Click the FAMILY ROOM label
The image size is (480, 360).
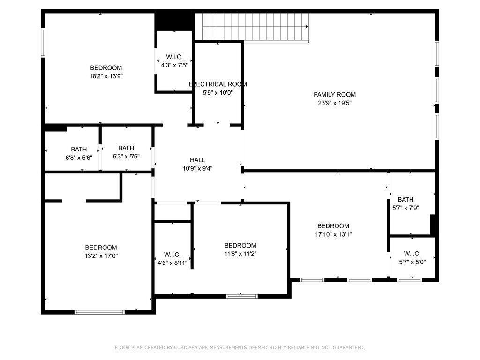(x=334, y=95)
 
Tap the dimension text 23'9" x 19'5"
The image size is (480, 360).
(x=334, y=103)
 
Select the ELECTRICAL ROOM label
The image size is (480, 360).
(x=217, y=84)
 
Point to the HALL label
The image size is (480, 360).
(x=197, y=160)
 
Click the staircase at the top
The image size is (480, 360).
(x=252, y=27)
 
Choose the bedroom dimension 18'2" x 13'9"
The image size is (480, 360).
(x=106, y=76)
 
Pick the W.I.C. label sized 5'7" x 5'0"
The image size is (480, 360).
(x=412, y=254)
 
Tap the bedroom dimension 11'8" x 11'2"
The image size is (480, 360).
(x=240, y=254)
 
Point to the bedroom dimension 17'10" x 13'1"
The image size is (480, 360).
(x=333, y=234)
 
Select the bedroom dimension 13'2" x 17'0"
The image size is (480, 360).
(x=101, y=256)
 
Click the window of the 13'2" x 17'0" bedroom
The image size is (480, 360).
(x=99, y=312)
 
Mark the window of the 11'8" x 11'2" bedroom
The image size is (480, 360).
(x=242, y=296)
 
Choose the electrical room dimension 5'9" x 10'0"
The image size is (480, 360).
(x=217, y=93)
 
